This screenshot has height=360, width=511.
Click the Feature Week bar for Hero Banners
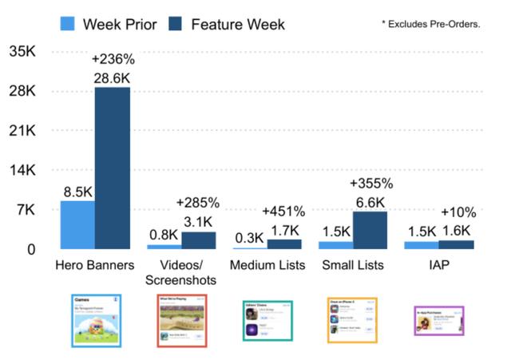click(112, 168)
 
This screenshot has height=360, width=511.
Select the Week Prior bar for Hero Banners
click(77, 224)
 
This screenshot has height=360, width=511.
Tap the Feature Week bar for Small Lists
click(370, 230)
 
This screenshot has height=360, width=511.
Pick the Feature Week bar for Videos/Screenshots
click(198, 239)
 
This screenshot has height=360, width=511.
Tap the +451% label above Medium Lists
click(284, 212)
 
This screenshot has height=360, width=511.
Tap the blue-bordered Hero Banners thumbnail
click(96, 319)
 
